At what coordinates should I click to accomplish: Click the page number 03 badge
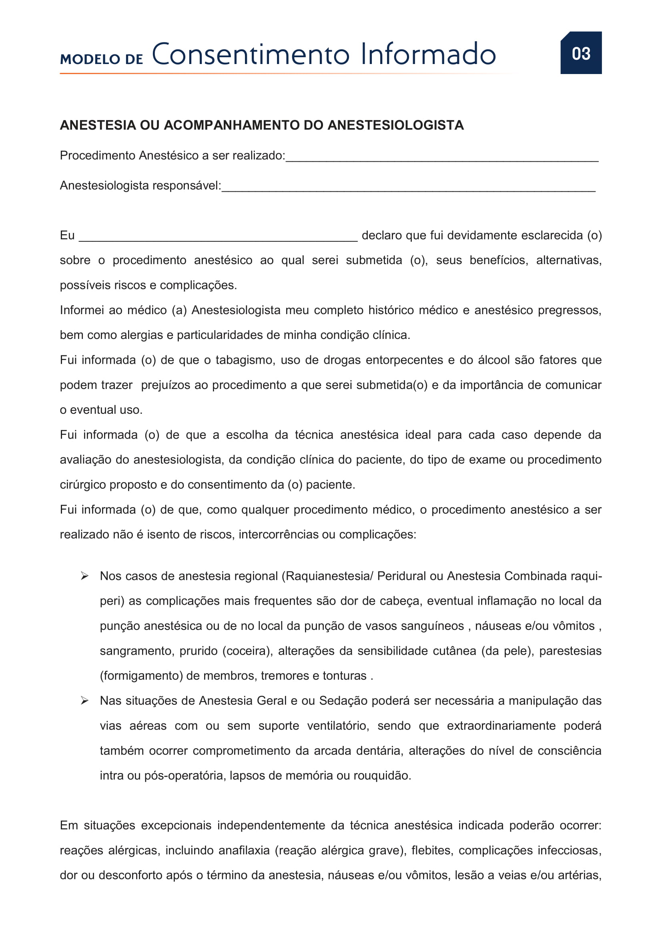tap(581, 53)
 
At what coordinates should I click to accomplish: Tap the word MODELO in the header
tap(90, 60)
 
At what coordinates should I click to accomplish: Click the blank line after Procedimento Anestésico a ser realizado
tap(442, 157)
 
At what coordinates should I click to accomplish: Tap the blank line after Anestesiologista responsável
tap(408, 187)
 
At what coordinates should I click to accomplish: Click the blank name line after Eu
tap(218, 237)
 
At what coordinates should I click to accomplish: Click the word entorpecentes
tap(404, 360)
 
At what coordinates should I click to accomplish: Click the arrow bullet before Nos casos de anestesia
tap(85, 576)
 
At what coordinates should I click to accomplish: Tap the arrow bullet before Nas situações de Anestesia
tap(85, 701)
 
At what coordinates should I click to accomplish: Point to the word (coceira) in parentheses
tap(247, 651)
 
